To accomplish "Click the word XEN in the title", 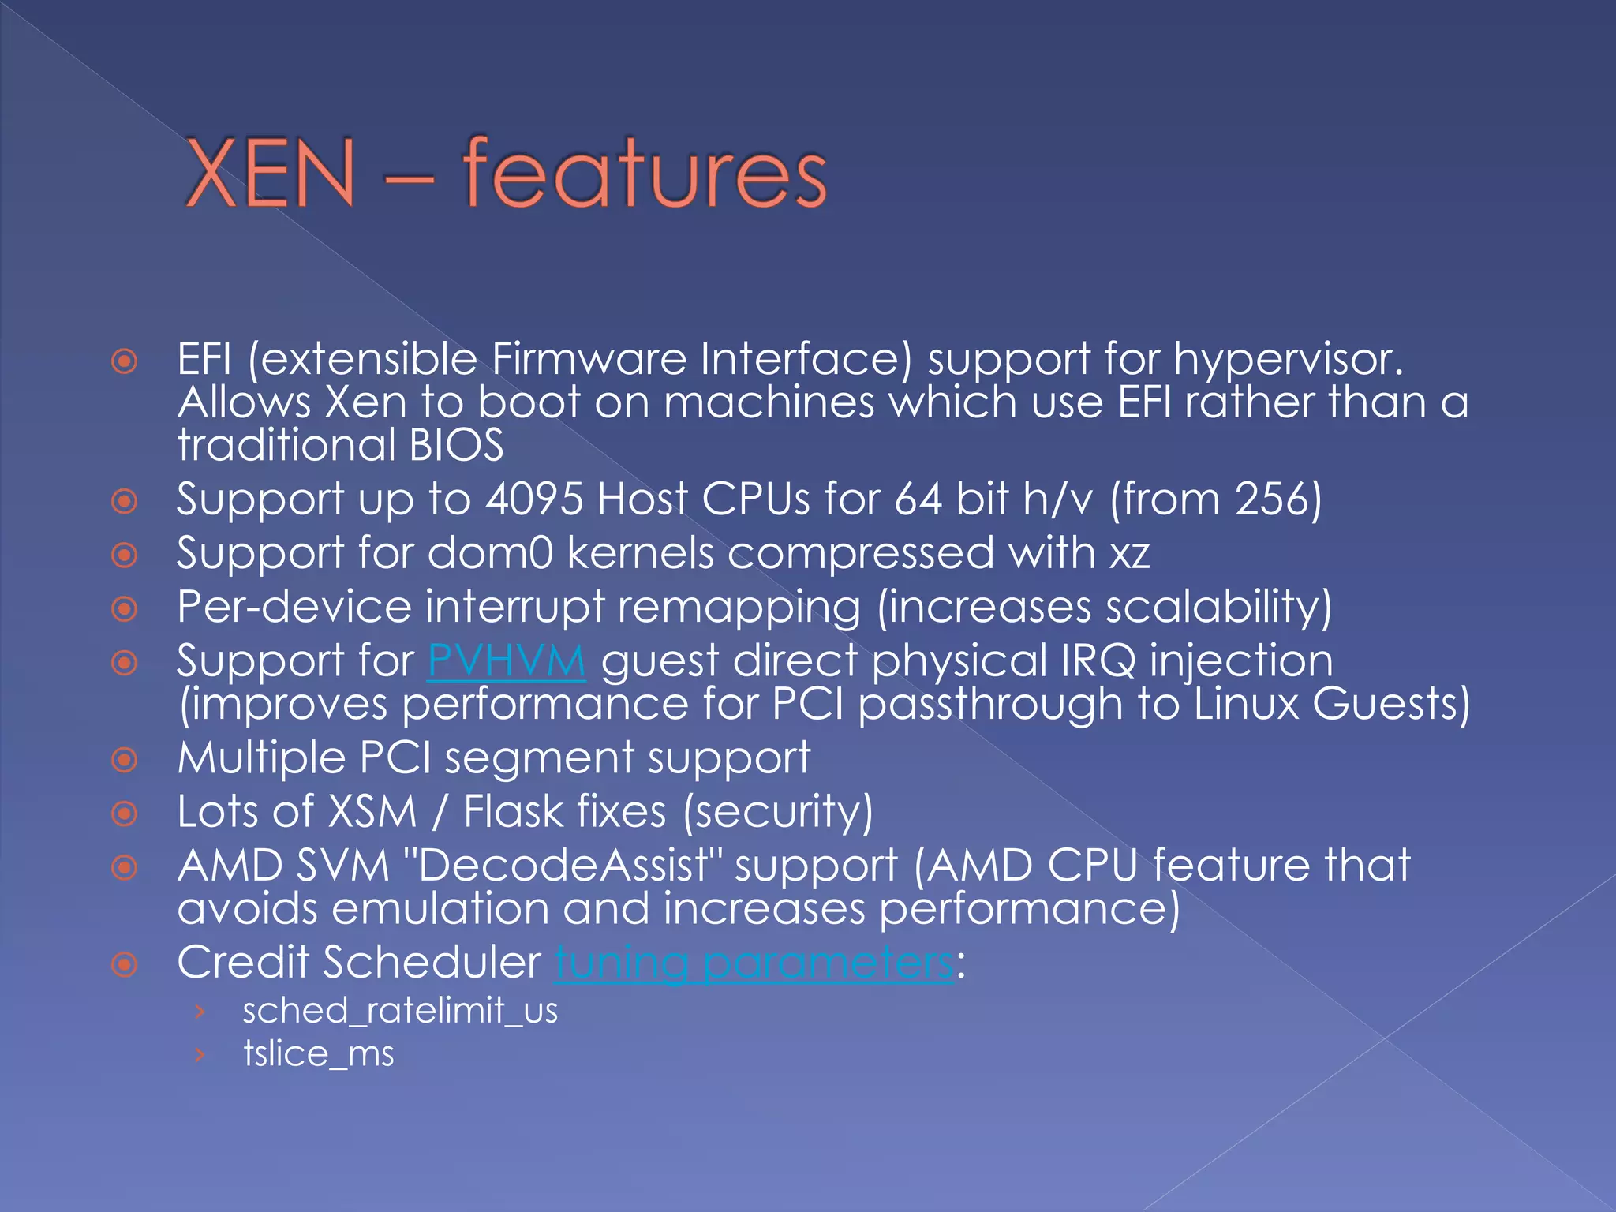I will (x=270, y=174).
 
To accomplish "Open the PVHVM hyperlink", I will (x=507, y=660).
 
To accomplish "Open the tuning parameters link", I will (x=754, y=963).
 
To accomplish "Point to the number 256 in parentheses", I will (x=1272, y=499).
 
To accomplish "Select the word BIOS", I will (x=456, y=445).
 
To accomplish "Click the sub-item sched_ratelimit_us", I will (x=400, y=1011).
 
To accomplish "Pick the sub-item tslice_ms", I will (x=318, y=1054).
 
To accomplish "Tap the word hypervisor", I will (x=1288, y=361).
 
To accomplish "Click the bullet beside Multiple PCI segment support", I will (x=125, y=760).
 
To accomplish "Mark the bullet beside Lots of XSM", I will (x=125, y=814).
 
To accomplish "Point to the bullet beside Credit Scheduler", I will (x=125, y=964).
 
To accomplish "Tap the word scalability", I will (x=1212, y=607).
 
